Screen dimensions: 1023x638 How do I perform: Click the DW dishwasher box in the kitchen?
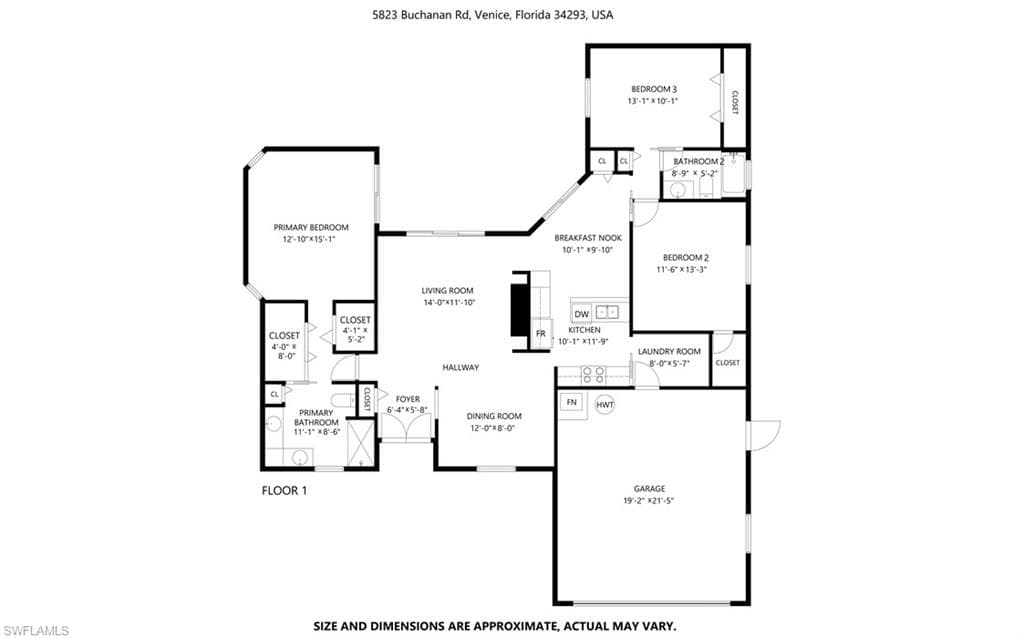pos(582,314)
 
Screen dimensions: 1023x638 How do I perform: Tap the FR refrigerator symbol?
pos(541,333)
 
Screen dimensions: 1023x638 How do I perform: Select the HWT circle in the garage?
pos(605,405)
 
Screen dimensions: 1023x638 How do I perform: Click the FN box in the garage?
pos(572,403)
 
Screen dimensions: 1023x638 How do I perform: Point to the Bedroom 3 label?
pos(654,89)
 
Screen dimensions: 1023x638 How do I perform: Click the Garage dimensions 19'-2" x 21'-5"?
pos(649,501)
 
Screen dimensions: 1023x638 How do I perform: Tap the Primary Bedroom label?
pos(311,228)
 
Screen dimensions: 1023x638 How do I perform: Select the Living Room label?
pos(448,291)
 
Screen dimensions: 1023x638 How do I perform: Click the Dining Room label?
pos(494,416)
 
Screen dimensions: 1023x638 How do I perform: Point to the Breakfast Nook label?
pos(588,238)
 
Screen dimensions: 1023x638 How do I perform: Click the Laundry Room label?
pos(669,352)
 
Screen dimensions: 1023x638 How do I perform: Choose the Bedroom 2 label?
pos(686,258)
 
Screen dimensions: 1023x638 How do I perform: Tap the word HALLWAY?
pos(461,367)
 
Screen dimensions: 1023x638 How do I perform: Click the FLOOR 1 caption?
pos(284,491)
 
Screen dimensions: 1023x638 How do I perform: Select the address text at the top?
pos(493,14)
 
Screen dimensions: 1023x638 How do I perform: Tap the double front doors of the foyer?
pos(406,428)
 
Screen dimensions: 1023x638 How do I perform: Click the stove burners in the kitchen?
pos(593,374)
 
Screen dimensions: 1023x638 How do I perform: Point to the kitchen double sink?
pos(607,312)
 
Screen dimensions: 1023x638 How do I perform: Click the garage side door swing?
pos(765,434)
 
